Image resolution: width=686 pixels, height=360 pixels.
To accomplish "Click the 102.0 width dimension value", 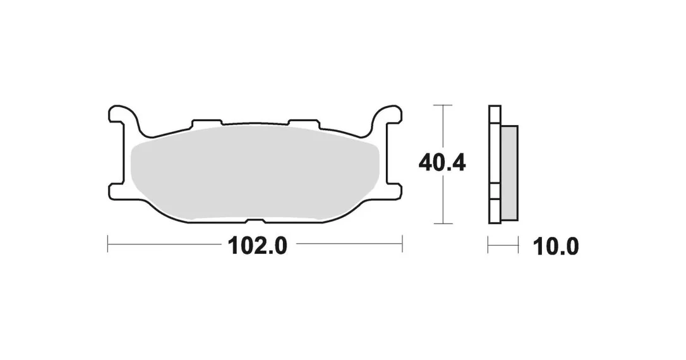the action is [x=257, y=246].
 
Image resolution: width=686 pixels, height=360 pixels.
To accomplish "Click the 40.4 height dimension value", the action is [x=442, y=164].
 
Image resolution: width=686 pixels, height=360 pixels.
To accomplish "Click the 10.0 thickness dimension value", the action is [x=556, y=247].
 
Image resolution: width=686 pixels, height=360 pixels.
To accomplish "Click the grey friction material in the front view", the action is [x=255, y=173].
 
